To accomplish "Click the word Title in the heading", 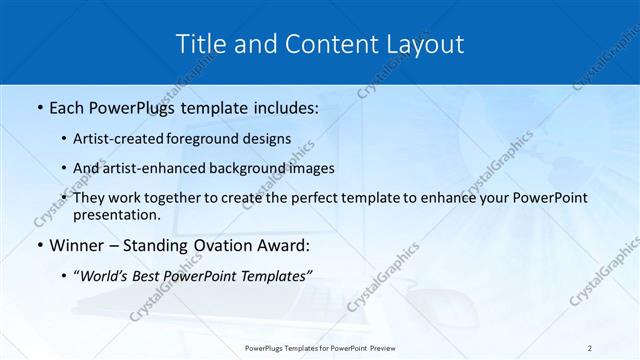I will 199,44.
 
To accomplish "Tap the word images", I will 309,169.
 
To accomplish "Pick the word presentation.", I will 116,215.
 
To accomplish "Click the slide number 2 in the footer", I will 590,348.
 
